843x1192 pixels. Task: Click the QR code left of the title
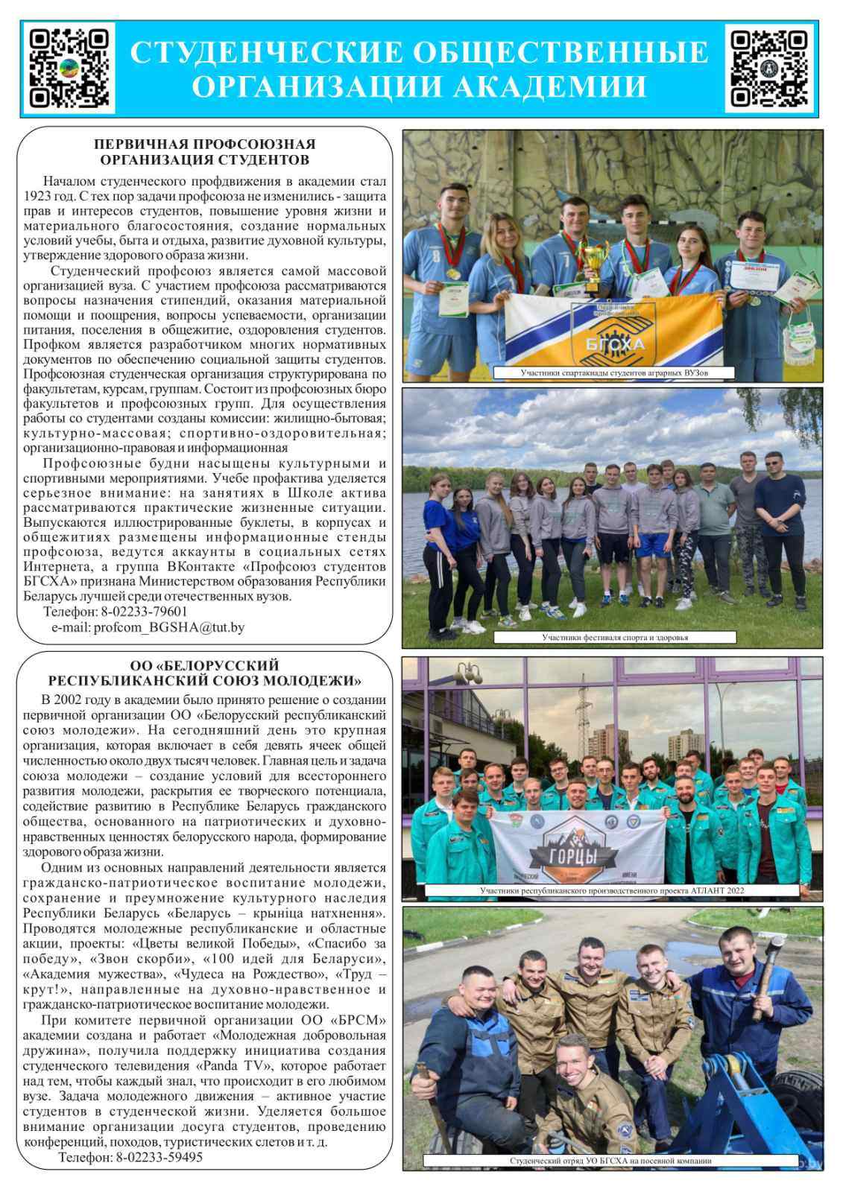tap(69, 68)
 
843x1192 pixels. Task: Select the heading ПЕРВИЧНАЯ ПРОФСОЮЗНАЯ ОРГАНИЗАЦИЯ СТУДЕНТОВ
tap(205, 152)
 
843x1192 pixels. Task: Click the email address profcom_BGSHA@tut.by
tap(168, 627)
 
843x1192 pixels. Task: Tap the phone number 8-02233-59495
tap(159, 1157)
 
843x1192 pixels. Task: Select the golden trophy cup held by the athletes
tap(594, 264)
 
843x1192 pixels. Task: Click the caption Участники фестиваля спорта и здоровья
tap(614, 638)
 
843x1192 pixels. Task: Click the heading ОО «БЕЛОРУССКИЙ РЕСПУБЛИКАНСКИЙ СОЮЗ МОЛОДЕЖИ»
tap(205, 673)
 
